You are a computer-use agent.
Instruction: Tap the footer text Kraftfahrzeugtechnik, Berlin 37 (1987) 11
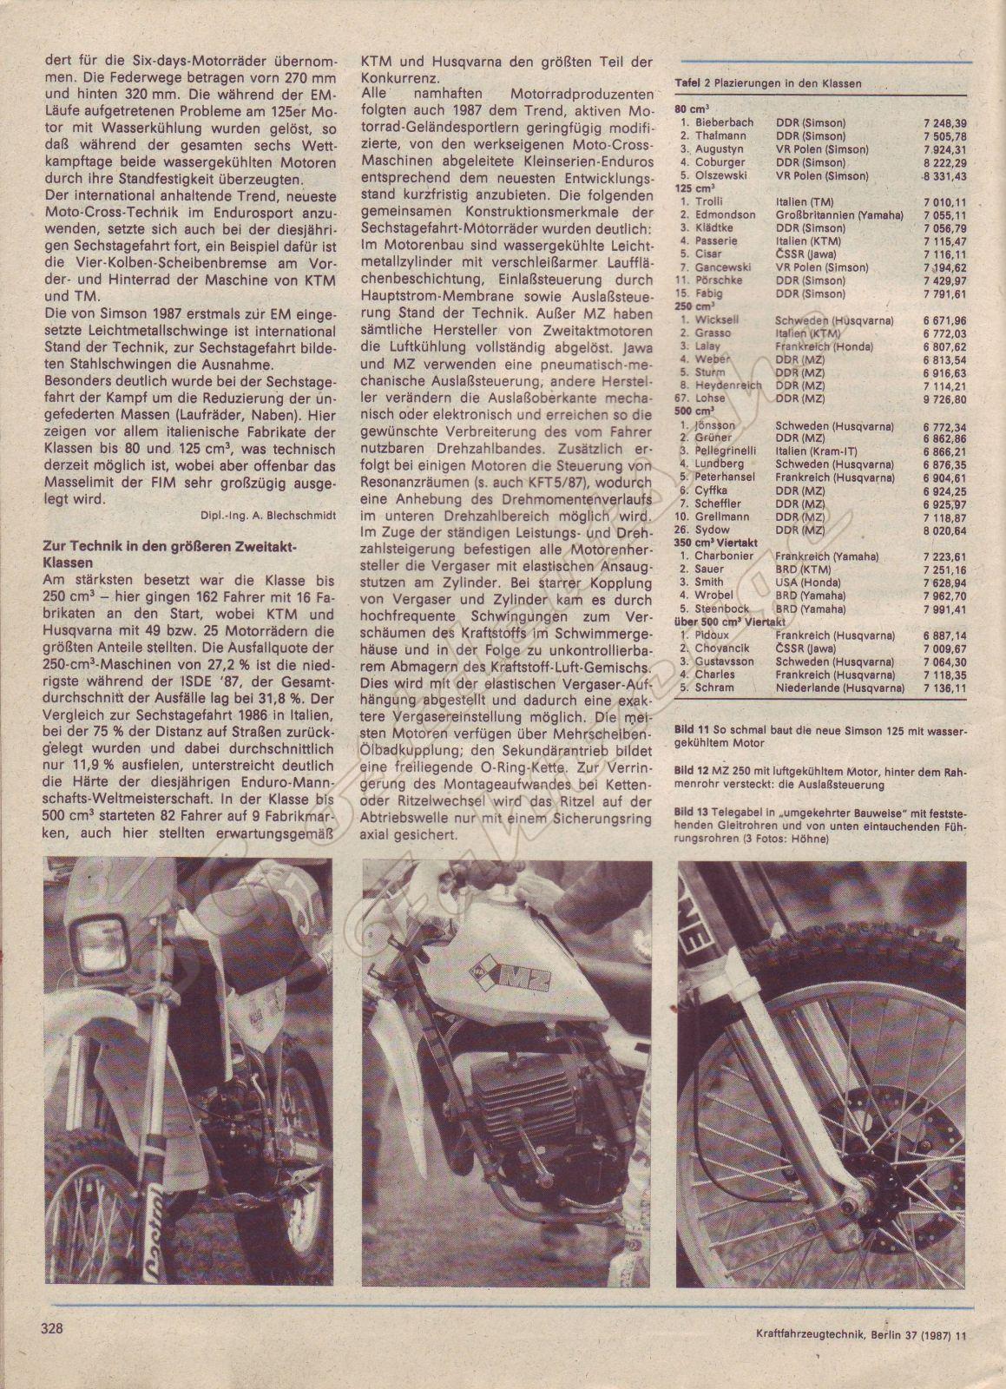(x=848, y=1359)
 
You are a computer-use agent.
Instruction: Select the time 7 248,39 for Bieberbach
(x=945, y=123)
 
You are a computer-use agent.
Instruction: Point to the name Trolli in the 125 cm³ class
(x=709, y=201)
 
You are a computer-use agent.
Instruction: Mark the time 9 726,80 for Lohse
(x=945, y=398)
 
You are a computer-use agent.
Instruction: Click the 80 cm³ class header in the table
(x=692, y=110)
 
